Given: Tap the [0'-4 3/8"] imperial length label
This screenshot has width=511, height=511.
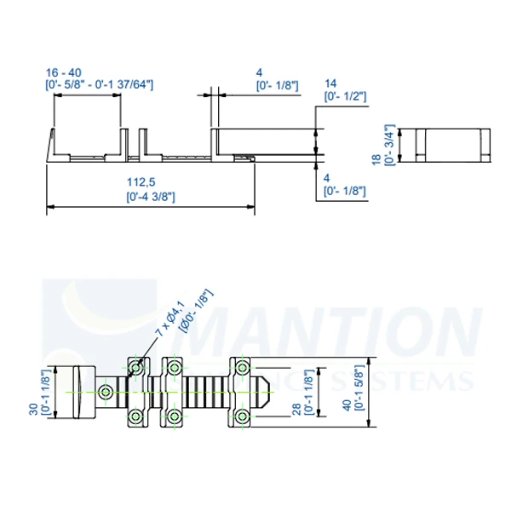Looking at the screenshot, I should pos(150,196).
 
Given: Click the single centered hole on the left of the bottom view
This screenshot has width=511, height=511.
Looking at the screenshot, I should pos(105,392).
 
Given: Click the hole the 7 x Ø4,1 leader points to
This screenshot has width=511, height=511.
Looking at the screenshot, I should pos(135,368).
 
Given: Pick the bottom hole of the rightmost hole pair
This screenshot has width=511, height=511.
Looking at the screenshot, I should pos(242,416).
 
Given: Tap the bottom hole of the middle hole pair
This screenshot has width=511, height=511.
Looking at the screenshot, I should pos(174,416).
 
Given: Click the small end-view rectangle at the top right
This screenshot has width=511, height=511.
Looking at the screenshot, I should pos(445,145).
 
